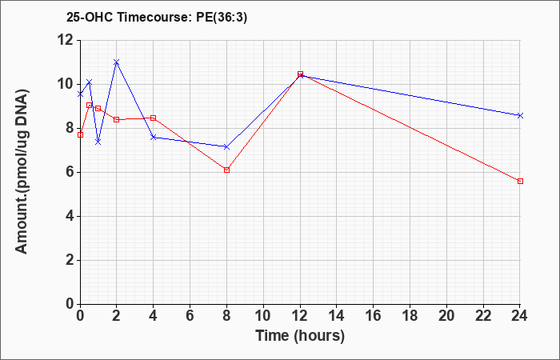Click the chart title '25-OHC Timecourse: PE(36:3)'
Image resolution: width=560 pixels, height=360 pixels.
coord(157,17)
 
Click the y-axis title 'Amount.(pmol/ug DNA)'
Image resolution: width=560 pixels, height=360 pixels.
coord(22,172)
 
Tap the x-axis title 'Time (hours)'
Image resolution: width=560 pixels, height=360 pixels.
coord(300,336)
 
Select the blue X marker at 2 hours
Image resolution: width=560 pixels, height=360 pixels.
coord(117,62)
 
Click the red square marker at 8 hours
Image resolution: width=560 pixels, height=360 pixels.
coord(226,170)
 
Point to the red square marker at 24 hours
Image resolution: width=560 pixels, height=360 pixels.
coord(520,181)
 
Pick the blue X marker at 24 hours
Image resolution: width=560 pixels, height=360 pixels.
coord(520,115)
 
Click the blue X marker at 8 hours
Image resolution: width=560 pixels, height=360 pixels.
coord(226,146)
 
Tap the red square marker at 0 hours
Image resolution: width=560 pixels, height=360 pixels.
coord(80,134)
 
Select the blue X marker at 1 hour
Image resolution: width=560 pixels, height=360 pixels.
coord(98,142)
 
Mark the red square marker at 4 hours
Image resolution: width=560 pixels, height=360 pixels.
coord(154,118)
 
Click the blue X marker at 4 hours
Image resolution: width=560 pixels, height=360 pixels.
coord(154,137)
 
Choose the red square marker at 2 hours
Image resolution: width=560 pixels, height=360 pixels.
coord(117,120)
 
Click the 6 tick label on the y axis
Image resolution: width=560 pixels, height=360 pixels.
coord(70,172)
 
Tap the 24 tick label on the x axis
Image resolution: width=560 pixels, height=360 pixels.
coord(520,316)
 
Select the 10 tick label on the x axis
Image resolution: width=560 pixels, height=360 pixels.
coord(263,316)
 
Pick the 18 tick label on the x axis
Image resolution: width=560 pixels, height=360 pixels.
coord(410,316)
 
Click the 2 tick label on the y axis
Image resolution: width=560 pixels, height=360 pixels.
coord(70,260)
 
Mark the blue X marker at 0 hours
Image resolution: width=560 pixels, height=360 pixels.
coord(80,94)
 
